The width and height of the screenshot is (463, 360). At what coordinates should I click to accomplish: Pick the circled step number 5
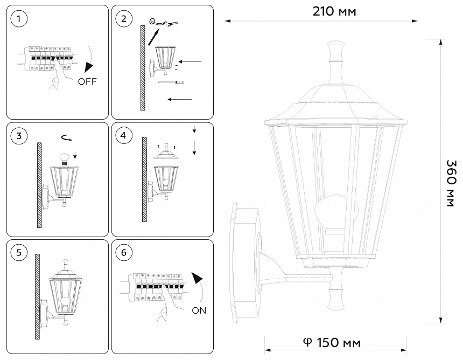pyautogui.click(x=19, y=252)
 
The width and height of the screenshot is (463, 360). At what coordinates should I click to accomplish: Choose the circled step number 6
pyautogui.click(x=124, y=252)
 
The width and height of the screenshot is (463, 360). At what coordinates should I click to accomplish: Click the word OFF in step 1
pyautogui.click(x=87, y=82)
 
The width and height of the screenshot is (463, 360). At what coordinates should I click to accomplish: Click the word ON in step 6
pyautogui.click(x=198, y=310)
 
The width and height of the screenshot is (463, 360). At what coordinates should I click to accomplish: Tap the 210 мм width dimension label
pyautogui.click(x=334, y=11)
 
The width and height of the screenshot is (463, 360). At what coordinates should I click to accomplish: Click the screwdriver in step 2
pyautogui.click(x=172, y=82)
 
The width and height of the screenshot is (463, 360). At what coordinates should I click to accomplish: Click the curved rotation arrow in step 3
pyautogui.click(x=67, y=139)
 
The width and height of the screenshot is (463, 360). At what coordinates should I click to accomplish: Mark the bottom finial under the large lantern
pyautogui.click(x=335, y=294)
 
